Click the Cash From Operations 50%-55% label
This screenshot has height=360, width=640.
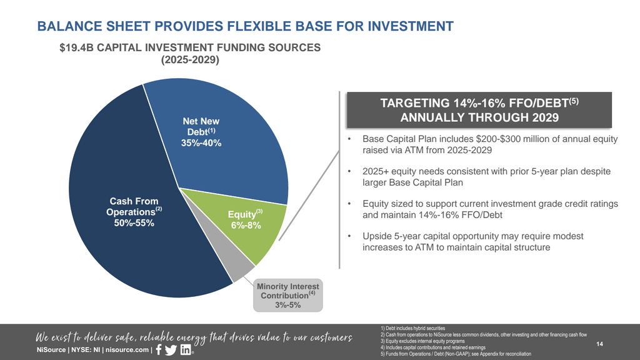[129, 212]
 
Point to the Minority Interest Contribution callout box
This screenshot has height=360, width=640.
[288, 296]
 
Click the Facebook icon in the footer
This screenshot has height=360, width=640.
[157, 349]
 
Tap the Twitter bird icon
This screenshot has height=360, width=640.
[171, 350]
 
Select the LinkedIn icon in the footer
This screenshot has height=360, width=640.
[186, 350]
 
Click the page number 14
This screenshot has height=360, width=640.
[600, 344]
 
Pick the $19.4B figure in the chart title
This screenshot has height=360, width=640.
[73, 47]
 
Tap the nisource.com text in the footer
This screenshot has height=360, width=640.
[128, 350]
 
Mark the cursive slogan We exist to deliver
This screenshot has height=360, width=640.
[194, 337]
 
